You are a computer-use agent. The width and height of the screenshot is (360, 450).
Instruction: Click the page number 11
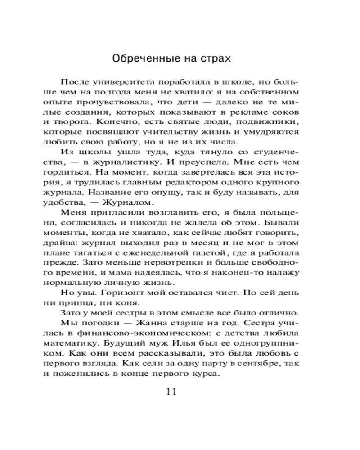click(171, 390)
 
